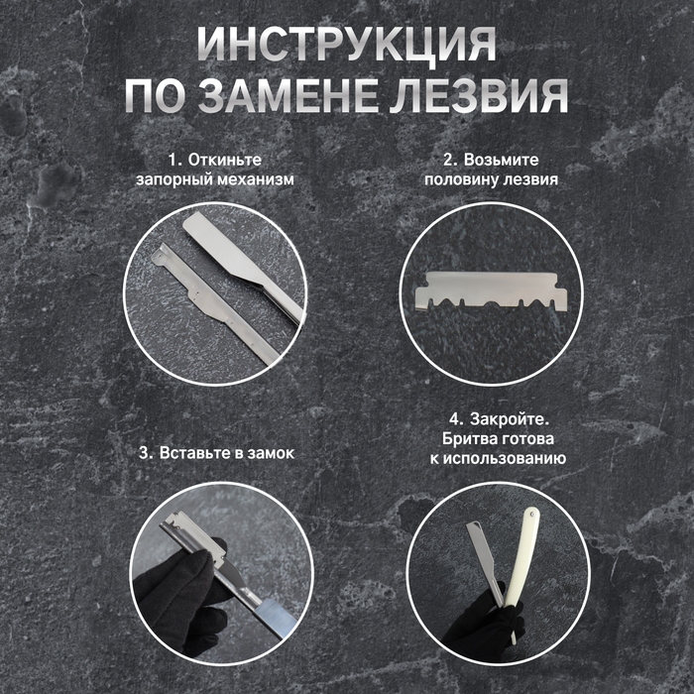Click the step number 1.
pos(172,159)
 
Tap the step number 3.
pos(144,452)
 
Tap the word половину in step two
pos(462,179)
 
